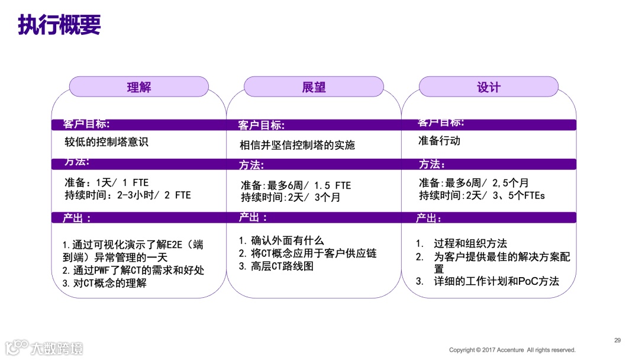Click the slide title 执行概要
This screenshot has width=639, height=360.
59,25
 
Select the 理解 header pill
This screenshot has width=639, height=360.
139,87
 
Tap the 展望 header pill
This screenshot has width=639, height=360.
314,87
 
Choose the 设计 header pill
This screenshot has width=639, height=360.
489,87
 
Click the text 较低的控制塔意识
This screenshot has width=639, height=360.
106,142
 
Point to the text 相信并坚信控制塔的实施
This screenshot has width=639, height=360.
297,145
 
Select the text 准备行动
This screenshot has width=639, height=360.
439,141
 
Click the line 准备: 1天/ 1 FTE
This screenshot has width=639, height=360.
106,182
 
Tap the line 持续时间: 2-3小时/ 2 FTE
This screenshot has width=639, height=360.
127,195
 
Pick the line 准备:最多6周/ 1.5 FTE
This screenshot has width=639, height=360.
295,185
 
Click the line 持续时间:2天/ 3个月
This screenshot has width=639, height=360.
290,198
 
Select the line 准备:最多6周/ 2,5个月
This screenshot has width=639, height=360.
473,182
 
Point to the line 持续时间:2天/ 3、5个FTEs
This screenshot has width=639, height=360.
482,195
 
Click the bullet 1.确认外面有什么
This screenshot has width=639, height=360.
282,240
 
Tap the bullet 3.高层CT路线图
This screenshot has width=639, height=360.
276,266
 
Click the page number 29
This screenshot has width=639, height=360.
617,340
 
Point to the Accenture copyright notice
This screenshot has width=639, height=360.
512,350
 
